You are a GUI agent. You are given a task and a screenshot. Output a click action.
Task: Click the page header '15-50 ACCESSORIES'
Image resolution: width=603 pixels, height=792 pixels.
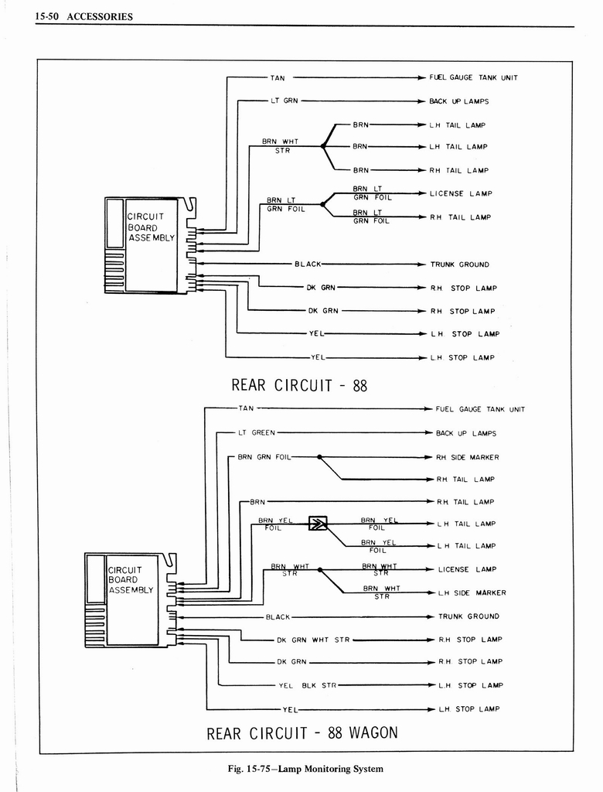(85, 17)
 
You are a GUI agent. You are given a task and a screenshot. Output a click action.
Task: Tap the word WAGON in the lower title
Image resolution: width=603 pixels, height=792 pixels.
(373, 732)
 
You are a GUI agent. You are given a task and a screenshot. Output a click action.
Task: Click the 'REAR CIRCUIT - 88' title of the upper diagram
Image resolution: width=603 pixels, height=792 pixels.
(299, 385)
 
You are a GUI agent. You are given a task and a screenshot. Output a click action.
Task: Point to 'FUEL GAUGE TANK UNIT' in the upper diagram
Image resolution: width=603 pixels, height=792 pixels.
(474, 78)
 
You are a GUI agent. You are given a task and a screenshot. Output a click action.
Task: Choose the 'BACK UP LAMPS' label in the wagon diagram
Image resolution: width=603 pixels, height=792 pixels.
(466, 434)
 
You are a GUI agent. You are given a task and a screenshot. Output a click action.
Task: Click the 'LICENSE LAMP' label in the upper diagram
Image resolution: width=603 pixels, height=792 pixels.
(461, 193)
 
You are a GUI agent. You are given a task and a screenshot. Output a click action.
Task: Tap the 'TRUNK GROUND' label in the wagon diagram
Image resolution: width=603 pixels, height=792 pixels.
(468, 616)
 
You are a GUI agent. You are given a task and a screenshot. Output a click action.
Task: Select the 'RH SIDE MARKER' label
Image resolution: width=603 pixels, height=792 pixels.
(468, 457)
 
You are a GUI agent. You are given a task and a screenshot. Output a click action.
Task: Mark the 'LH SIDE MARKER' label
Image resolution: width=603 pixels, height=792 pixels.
(472, 592)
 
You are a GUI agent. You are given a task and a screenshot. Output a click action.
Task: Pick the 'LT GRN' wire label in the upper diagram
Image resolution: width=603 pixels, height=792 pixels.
(284, 101)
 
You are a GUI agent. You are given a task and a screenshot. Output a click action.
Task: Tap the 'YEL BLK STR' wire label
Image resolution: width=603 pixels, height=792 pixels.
(308, 685)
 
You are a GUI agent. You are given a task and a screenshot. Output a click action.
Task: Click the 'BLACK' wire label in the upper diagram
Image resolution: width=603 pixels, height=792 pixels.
(308, 265)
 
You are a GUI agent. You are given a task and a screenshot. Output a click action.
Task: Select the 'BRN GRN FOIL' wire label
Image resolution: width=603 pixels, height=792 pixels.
(264, 457)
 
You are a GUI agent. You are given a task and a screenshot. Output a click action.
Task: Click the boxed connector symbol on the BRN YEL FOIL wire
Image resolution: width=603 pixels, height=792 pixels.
(318, 524)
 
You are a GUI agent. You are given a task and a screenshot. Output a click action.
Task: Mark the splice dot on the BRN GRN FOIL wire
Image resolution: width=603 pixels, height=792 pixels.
(320, 457)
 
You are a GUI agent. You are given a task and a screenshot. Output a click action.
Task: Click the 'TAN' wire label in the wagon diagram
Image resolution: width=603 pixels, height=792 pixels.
(246, 408)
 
